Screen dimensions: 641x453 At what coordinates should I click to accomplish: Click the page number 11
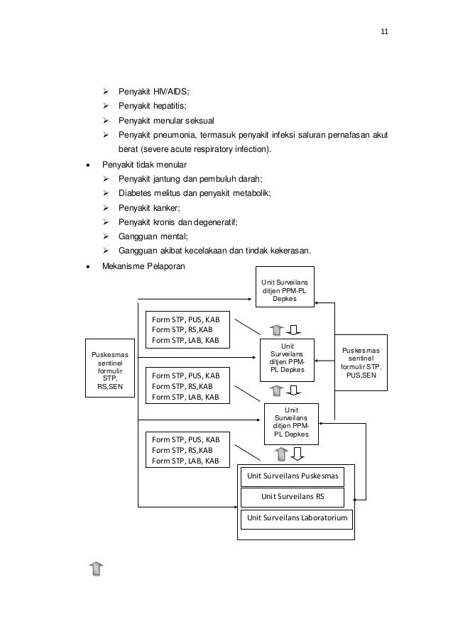(x=385, y=32)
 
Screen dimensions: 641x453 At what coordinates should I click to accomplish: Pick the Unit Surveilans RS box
(x=293, y=496)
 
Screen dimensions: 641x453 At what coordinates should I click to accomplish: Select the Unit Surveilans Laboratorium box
(x=297, y=519)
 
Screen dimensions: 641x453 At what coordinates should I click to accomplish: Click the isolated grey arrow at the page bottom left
(x=97, y=568)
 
